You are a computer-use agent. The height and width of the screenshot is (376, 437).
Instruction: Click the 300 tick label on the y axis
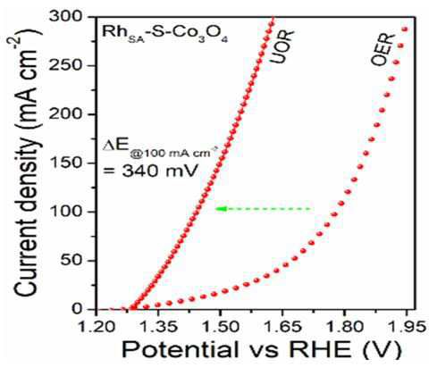[x=70, y=17]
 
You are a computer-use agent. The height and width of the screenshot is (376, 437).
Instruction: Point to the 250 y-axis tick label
[x=70, y=65]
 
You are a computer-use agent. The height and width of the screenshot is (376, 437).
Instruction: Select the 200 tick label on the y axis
[x=70, y=114]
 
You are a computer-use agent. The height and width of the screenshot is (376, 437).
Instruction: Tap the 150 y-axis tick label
[x=70, y=163]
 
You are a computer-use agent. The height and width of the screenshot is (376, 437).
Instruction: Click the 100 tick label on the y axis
[x=70, y=212]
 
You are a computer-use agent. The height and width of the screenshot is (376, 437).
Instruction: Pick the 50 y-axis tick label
[x=75, y=261]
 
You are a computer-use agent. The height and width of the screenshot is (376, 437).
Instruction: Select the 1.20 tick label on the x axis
[x=97, y=327]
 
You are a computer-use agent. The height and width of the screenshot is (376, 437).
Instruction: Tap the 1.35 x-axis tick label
[x=158, y=327]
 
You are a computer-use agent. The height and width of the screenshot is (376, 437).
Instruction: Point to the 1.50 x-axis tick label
[x=220, y=327]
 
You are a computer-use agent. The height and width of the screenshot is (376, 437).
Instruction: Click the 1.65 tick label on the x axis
[x=282, y=327]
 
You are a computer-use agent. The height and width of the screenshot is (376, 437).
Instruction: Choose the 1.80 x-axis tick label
[x=344, y=327]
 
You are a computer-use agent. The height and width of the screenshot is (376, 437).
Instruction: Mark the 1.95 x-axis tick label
[x=407, y=327]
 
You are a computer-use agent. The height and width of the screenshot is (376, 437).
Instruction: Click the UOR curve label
[x=282, y=46]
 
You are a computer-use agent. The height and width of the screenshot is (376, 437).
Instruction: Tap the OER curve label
[x=382, y=50]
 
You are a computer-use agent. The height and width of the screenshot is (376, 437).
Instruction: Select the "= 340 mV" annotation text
[x=150, y=171]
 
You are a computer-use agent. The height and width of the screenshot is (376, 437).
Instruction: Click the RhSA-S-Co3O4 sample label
[x=164, y=33]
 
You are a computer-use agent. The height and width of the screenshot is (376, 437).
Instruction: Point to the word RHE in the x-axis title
[x=320, y=349]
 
